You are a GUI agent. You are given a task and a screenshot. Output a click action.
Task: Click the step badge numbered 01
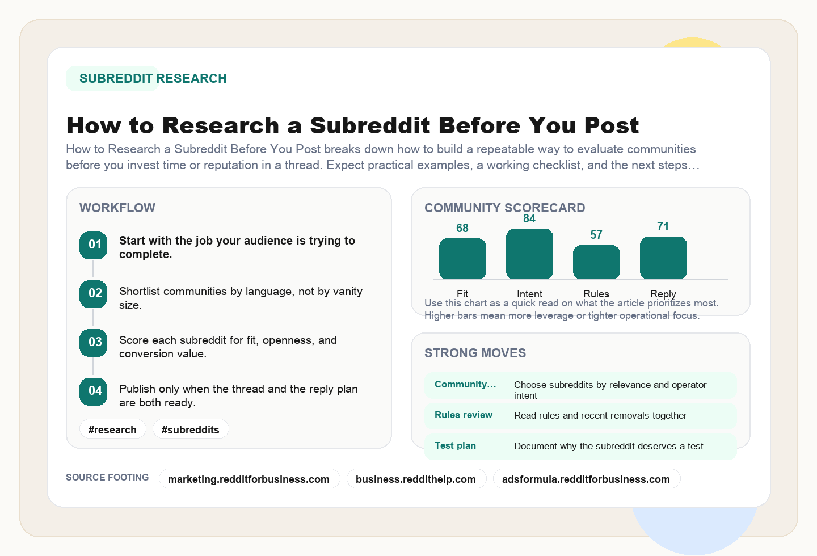tap(94, 245)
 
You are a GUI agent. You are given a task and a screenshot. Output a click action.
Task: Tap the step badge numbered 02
tap(94, 294)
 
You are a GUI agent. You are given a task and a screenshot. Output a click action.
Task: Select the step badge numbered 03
tap(94, 343)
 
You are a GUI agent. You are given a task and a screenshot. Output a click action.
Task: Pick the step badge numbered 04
tap(94, 391)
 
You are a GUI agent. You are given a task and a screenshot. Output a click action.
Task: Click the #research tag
tap(112, 429)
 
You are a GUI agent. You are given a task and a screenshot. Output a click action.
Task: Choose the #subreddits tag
tap(191, 429)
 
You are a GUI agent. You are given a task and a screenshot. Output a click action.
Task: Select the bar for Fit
tap(462, 259)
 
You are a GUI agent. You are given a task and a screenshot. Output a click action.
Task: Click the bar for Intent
tap(529, 254)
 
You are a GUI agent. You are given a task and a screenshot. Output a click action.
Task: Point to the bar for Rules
tap(596, 262)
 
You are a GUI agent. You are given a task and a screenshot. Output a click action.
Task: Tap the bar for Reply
tap(663, 258)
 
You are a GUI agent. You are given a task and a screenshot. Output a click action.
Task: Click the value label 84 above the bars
tap(529, 219)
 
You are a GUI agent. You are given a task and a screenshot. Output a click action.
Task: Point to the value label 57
tap(596, 235)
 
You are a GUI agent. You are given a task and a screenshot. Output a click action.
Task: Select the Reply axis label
tap(663, 293)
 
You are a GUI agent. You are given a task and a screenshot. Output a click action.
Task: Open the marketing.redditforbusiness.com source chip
tap(249, 479)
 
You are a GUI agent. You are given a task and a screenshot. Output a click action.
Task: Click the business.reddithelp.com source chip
tap(416, 479)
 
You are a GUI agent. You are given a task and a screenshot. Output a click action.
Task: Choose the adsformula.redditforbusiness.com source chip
tap(586, 479)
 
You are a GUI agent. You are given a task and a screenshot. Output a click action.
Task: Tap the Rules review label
tap(464, 415)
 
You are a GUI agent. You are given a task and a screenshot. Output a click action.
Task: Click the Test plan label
tap(455, 445)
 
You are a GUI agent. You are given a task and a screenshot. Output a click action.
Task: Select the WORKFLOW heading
tap(117, 208)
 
